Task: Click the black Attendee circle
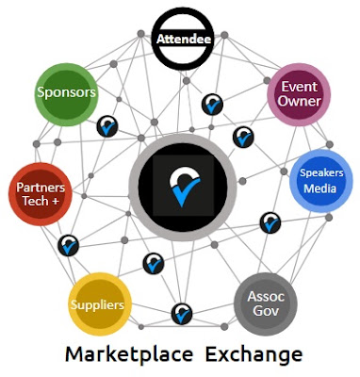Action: (x=183, y=39)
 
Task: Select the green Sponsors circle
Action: (x=66, y=94)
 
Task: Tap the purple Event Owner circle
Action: (x=299, y=94)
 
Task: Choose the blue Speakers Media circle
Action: (x=321, y=181)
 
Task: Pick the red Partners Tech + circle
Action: (x=41, y=194)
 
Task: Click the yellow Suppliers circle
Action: (x=100, y=304)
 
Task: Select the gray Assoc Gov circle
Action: (x=266, y=304)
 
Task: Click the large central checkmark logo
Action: (x=183, y=188)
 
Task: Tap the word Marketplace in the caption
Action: (x=129, y=354)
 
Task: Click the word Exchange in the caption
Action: (x=254, y=355)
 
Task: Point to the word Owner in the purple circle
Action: (x=299, y=102)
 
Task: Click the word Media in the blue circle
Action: (x=320, y=188)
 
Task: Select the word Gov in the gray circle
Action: (x=266, y=311)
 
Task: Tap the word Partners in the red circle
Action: (x=41, y=188)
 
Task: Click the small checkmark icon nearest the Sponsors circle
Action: (x=107, y=126)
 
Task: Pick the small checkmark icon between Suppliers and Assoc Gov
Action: (x=182, y=314)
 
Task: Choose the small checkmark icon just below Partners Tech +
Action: (x=69, y=245)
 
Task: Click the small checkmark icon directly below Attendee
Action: (x=212, y=105)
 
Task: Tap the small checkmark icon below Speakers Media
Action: (x=270, y=222)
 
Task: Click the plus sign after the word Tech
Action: (x=55, y=201)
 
